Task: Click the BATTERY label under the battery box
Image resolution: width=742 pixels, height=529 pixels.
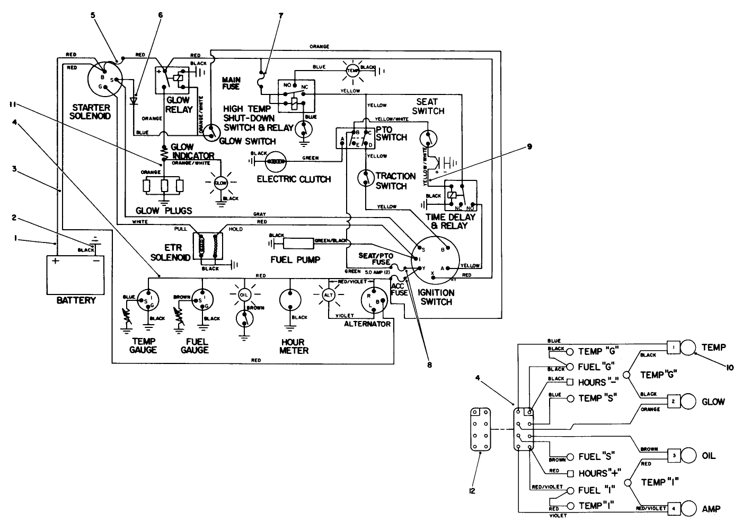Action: (76, 300)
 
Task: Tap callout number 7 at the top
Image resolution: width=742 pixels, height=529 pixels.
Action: (281, 16)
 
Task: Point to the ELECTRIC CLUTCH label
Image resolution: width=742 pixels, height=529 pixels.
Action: (294, 179)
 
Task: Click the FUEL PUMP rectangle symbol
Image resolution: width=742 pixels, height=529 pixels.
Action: (298, 243)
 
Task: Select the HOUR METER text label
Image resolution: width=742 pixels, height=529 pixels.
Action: (294, 346)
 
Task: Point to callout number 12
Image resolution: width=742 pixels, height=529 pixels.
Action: (472, 491)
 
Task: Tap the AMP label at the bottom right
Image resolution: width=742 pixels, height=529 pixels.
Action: (711, 509)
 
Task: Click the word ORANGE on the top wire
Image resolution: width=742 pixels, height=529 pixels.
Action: (320, 47)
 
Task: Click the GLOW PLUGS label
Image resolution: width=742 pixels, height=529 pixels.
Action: (164, 211)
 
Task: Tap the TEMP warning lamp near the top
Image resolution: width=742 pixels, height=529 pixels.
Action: (352, 71)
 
